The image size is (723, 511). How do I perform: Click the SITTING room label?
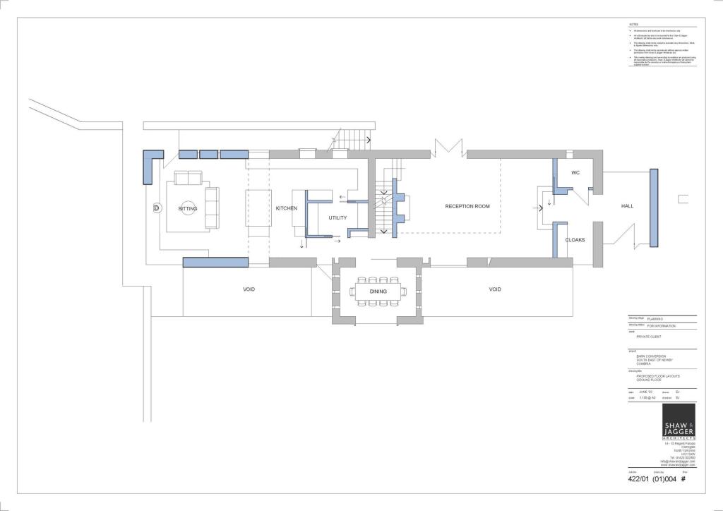[x=188, y=209]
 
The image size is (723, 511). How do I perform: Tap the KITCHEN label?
[x=287, y=209]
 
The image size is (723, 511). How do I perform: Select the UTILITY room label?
[x=337, y=217]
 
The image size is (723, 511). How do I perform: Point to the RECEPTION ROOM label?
[x=467, y=206]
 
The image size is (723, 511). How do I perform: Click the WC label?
[x=575, y=173]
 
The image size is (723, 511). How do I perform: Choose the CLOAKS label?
[x=575, y=240]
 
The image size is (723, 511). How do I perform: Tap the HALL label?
[x=627, y=206]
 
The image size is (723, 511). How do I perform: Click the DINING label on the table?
[x=378, y=291]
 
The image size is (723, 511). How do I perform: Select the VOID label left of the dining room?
[x=249, y=289]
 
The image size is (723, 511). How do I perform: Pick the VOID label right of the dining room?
[x=495, y=289]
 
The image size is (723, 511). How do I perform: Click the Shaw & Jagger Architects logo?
[x=679, y=423]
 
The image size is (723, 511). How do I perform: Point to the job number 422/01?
[x=638, y=479]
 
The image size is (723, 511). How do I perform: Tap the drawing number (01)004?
[x=664, y=479]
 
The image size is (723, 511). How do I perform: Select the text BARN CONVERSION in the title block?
[x=645, y=356]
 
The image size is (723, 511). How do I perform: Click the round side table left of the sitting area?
[x=156, y=208]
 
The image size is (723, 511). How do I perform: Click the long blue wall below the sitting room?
[x=215, y=262]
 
